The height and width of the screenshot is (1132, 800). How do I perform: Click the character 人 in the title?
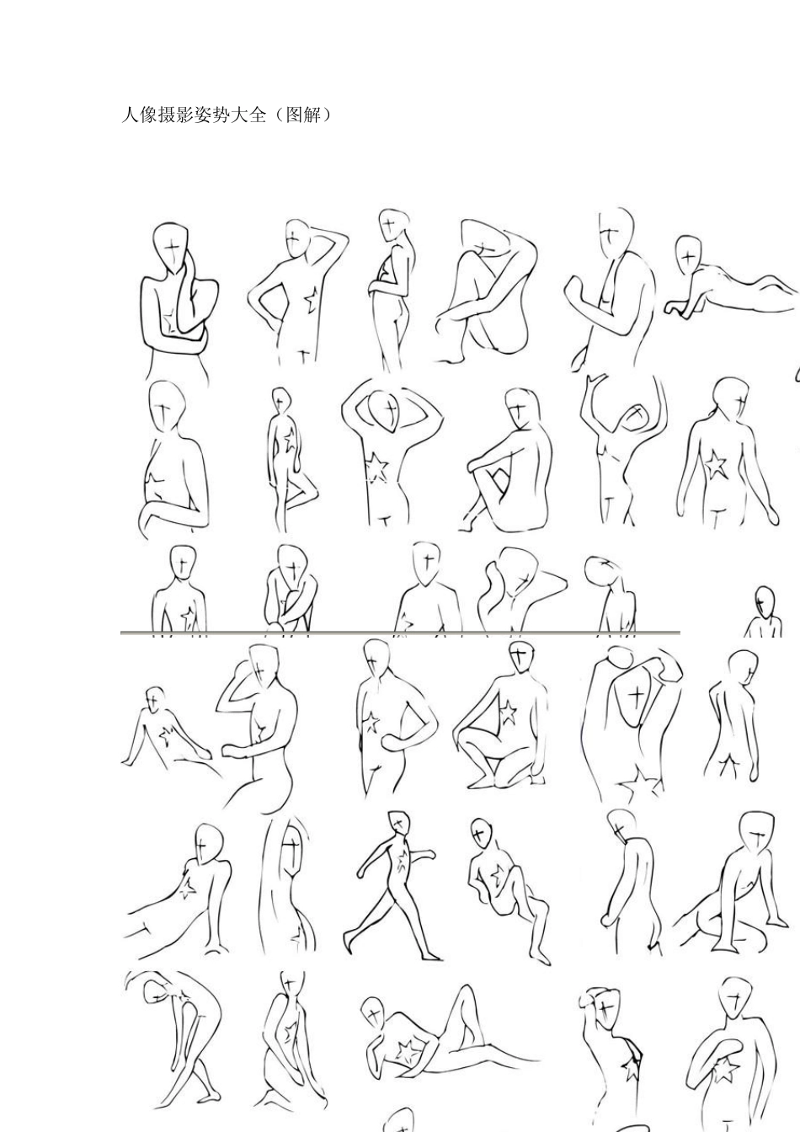click(130, 115)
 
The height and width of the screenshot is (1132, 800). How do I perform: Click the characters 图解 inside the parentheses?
click(304, 115)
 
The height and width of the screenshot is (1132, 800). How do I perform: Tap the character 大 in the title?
click(238, 115)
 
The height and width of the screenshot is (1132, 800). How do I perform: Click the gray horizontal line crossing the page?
click(400, 633)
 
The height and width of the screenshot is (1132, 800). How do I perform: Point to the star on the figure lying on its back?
click(405, 1050)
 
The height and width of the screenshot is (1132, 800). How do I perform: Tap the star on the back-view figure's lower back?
click(716, 465)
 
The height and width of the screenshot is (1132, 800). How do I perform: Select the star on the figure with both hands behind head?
click(375, 468)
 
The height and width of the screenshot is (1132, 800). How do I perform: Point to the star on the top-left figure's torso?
click(170, 322)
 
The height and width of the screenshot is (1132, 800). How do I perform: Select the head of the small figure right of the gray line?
click(765, 601)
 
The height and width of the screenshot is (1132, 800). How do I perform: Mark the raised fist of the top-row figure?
click(576, 289)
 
